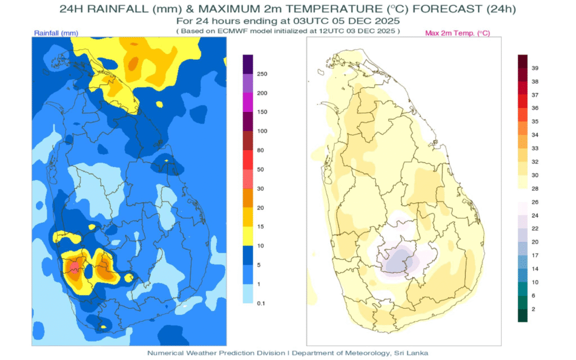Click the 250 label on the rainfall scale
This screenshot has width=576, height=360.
[x=262, y=74]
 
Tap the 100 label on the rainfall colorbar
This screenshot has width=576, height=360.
[x=262, y=131]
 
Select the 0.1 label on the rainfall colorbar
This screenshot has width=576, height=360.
[x=261, y=303]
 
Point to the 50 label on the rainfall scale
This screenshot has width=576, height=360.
[x=260, y=169]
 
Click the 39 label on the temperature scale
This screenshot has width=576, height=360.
[x=535, y=68]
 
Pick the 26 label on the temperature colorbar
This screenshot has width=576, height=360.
[x=535, y=202]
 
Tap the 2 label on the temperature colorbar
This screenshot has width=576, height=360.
[x=534, y=309]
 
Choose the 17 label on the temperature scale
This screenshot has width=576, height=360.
[x=535, y=255]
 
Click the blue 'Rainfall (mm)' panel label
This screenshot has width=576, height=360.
[x=55, y=33]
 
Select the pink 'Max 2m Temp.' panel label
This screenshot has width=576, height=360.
[x=457, y=33]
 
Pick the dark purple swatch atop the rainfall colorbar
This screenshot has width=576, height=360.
[x=247, y=64]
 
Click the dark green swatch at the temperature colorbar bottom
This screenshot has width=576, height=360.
[x=523, y=316]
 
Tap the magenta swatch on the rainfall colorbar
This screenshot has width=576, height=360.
[x=247, y=102]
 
